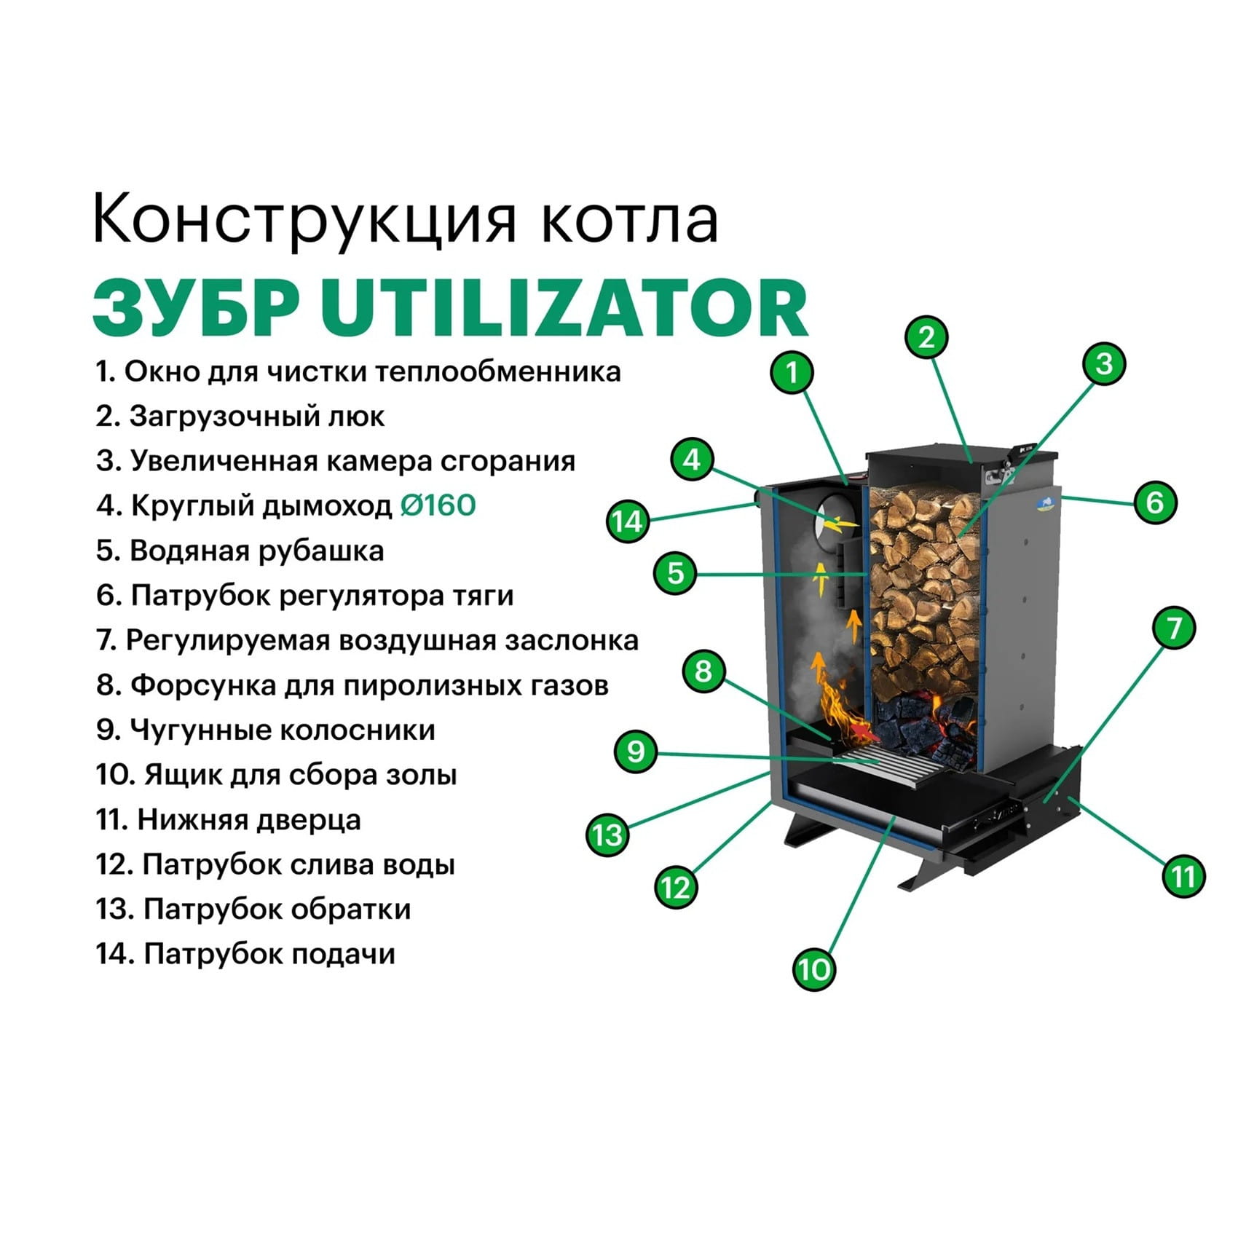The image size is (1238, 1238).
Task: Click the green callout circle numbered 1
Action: [792, 373]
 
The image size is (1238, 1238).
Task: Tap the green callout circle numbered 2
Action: [926, 337]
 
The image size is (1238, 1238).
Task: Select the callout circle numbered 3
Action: [1104, 363]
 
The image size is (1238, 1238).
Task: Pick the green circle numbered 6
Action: [1155, 502]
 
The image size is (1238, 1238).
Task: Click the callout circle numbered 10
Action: [814, 969]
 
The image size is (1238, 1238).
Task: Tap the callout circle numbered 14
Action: [628, 521]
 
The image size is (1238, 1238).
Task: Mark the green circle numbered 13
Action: [607, 835]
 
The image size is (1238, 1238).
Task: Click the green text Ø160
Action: [438, 505]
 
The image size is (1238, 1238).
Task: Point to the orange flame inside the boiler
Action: [841, 710]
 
